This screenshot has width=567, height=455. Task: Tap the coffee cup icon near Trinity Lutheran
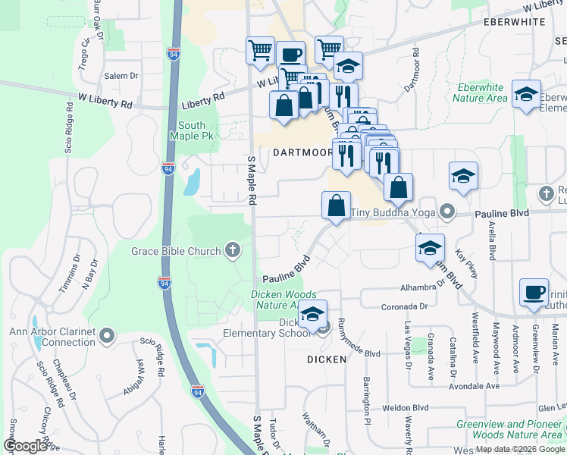(534, 293)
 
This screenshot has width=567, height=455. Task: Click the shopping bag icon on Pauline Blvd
(336, 206)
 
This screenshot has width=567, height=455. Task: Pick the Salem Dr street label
(121, 76)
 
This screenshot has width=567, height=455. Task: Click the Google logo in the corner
(25, 446)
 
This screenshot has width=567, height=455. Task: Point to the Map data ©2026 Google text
(519, 449)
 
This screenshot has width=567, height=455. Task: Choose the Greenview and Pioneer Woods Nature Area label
(509, 429)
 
